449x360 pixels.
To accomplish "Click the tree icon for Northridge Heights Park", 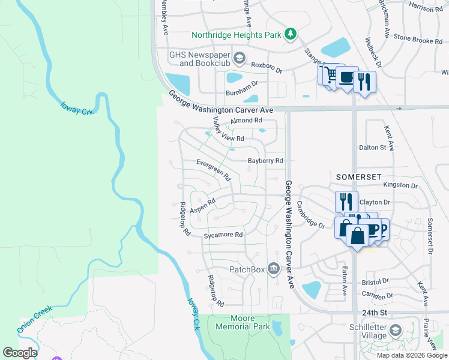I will point(291,34).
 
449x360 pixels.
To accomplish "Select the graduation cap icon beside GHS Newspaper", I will point(240,58).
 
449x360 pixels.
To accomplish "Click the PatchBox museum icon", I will point(274,268).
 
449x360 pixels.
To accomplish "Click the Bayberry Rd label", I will point(265,161).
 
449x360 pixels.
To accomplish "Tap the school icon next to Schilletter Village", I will point(396,330).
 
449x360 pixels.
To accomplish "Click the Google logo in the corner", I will point(20,353).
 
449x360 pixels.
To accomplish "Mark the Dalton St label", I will point(372,147).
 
